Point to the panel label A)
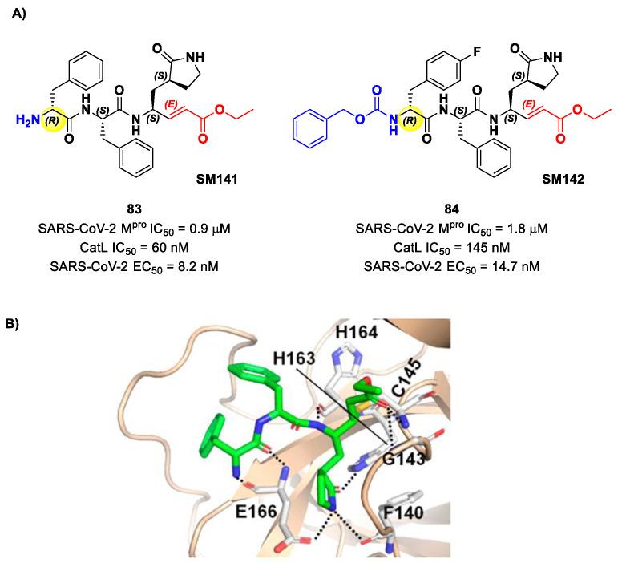click(x=21, y=16)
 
